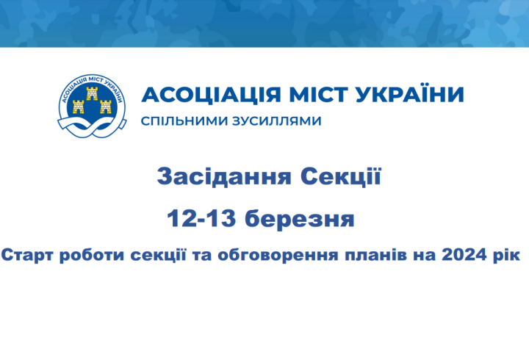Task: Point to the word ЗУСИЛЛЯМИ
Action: [277, 120]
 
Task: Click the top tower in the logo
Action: [92, 93]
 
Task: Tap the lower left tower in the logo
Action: [79, 107]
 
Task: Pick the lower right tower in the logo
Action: [106, 107]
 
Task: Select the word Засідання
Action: [224, 177]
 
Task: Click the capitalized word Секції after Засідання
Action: [340, 176]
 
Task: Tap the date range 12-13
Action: [201, 218]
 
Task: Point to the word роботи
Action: [92, 255]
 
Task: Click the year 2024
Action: [464, 255]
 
